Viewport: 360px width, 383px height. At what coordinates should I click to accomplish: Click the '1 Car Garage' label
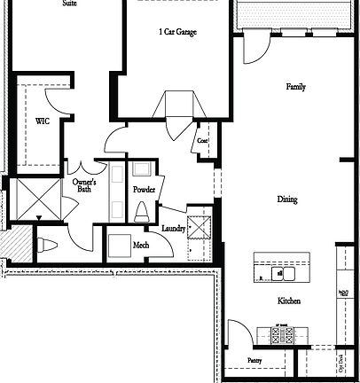pyautogui.click(x=177, y=32)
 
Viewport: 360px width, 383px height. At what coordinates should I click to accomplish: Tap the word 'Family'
pyautogui.click(x=295, y=88)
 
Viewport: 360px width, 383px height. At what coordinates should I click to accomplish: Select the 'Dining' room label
pyautogui.click(x=286, y=199)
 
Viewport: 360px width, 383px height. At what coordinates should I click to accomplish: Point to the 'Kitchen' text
pyautogui.click(x=289, y=301)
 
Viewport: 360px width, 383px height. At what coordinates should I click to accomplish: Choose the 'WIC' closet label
pyautogui.click(x=42, y=121)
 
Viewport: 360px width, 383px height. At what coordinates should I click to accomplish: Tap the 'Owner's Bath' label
pyautogui.click(x=84, y=185)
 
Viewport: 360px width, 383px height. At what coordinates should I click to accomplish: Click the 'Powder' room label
pyautogui.click(x=144, y=190)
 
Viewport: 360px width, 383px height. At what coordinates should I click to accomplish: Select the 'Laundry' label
pyautogui.click(x=174, y=229)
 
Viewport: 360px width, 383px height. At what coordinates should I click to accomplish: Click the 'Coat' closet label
pyautogui.click(x=202, y=140)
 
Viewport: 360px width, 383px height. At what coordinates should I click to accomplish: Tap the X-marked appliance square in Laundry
pyautogui.click(x=200, y=221)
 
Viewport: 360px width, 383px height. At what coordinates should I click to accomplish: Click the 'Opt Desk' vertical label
pyautogui.click(x=341, y=363)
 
